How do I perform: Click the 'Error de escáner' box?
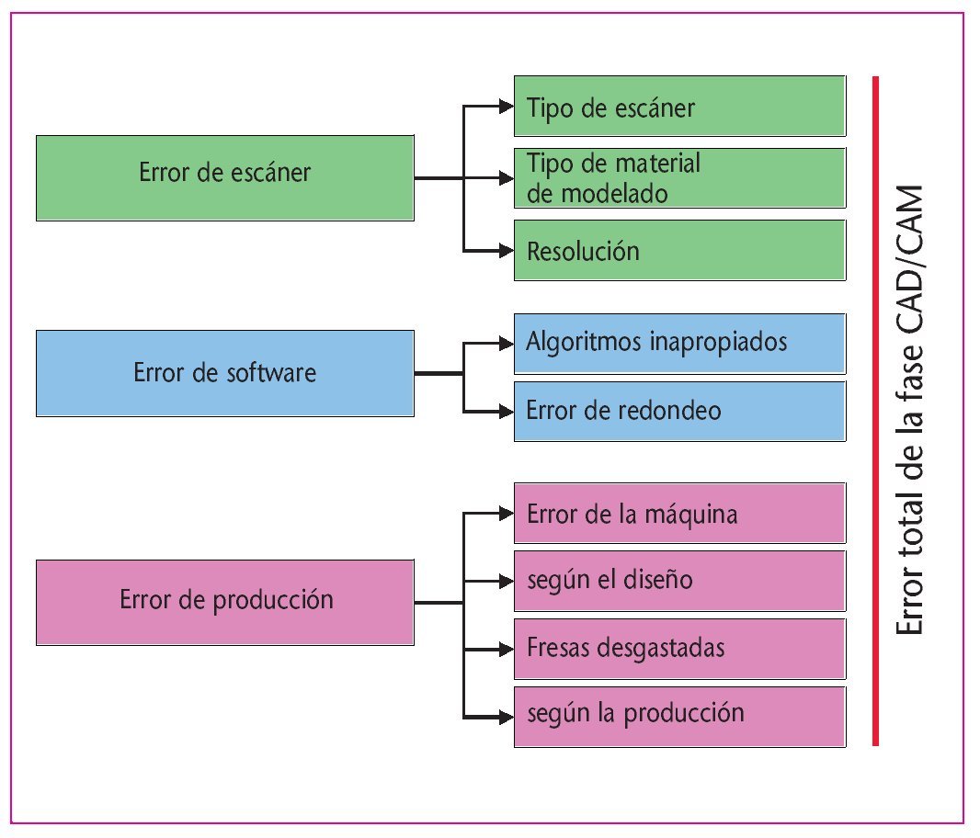click(x=225, y=177)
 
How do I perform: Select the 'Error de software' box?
click(x=225, y=373)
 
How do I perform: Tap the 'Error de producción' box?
click(x=225, y=601)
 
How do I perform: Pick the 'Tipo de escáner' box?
click(x=679, y=107)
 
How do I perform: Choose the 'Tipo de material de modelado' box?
click(x=679, y=178)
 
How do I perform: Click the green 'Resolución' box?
click(x=679, y=250)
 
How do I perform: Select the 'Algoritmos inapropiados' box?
click(x=679, y=343)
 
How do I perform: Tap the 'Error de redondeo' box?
click(x=679, y=410)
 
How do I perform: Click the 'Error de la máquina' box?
click(x=679, y=513)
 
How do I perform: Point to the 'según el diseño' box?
click(x=679, y=581)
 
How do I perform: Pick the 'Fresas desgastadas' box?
click(x=679, y=648)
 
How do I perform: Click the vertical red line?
click(x=876, y=411)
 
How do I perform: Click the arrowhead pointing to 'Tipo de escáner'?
click(x=505, y=107)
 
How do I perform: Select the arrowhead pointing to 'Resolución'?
click(x=505, y=250)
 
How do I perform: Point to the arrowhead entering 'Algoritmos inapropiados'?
click(x=505, y=344)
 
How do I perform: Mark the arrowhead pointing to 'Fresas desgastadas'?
click(x=505, y=649)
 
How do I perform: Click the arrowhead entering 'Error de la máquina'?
click(x=505, y=513)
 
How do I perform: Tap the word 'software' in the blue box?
click(x=273, y=373)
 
